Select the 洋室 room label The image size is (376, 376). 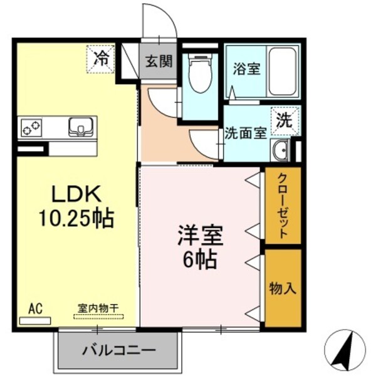tap(199, 238)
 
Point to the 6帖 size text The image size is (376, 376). tap(199, 259)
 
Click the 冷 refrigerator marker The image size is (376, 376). tap(100, 60)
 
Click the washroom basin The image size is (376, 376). tap(280, 150)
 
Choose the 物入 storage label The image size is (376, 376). tap(282, 288)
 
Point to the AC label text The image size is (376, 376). tap(35, 308)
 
